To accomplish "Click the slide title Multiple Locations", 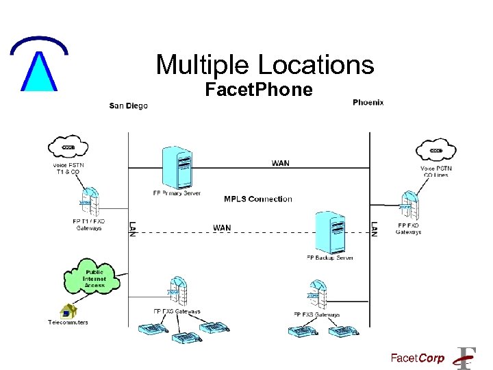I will click(x=265, y=65).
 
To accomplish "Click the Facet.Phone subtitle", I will click(x=259, y=90).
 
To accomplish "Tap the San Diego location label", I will click(x=129, y=106).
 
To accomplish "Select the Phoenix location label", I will click(x=368, y=102).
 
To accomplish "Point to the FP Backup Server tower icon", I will click(x=329, y=232).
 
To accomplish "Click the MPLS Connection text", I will click(x=257, y=199).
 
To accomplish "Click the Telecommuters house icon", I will click(x=68, y=312).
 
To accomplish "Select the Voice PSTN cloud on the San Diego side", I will click(x=68, y=147).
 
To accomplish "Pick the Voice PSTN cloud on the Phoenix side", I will click(x=435, y=151).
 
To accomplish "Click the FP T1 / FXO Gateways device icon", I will click(x=88, y=203).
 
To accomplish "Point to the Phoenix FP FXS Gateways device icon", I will click(x=316, y=295).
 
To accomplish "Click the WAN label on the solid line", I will click(x=280, y=163).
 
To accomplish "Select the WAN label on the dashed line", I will click(x=222, y=228).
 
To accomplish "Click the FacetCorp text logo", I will click(x=417, y=358).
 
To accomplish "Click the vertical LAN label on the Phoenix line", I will click(x=374, y=228).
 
